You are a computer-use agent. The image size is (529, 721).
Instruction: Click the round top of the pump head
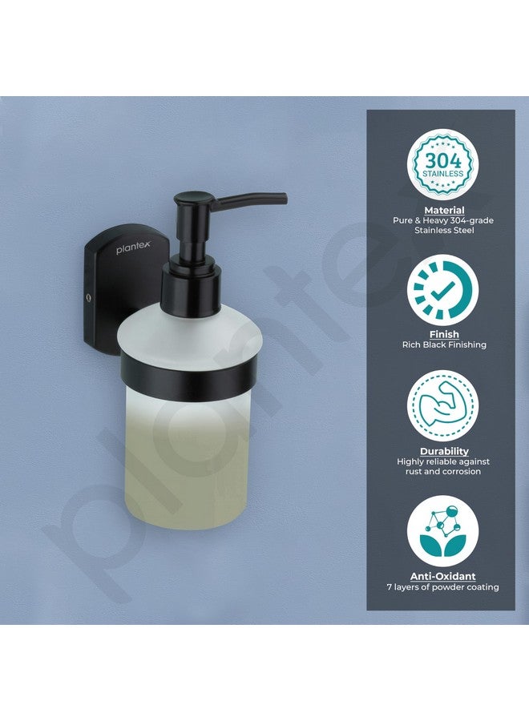point(191,195)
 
